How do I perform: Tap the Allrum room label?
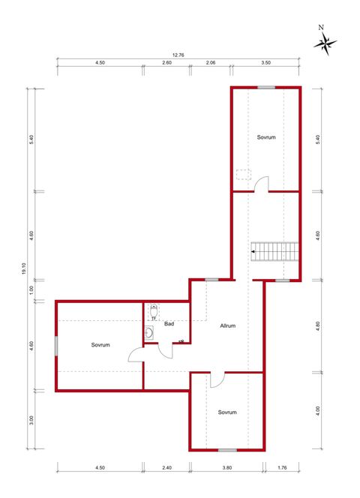(228, 325)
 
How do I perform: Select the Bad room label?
(169, 324)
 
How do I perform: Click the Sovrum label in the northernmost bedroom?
(265, 137)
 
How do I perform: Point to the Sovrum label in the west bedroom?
(101, 345)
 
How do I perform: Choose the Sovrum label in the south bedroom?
(227, 412)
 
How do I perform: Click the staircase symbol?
(274, 251)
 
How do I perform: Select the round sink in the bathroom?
(150, 333)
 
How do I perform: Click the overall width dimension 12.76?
(178, 54)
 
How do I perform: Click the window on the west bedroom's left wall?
(56, 345)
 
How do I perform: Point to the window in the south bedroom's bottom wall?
(227, 450)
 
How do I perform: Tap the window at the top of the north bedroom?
(265, 88)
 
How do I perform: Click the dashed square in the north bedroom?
(243, 175)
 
